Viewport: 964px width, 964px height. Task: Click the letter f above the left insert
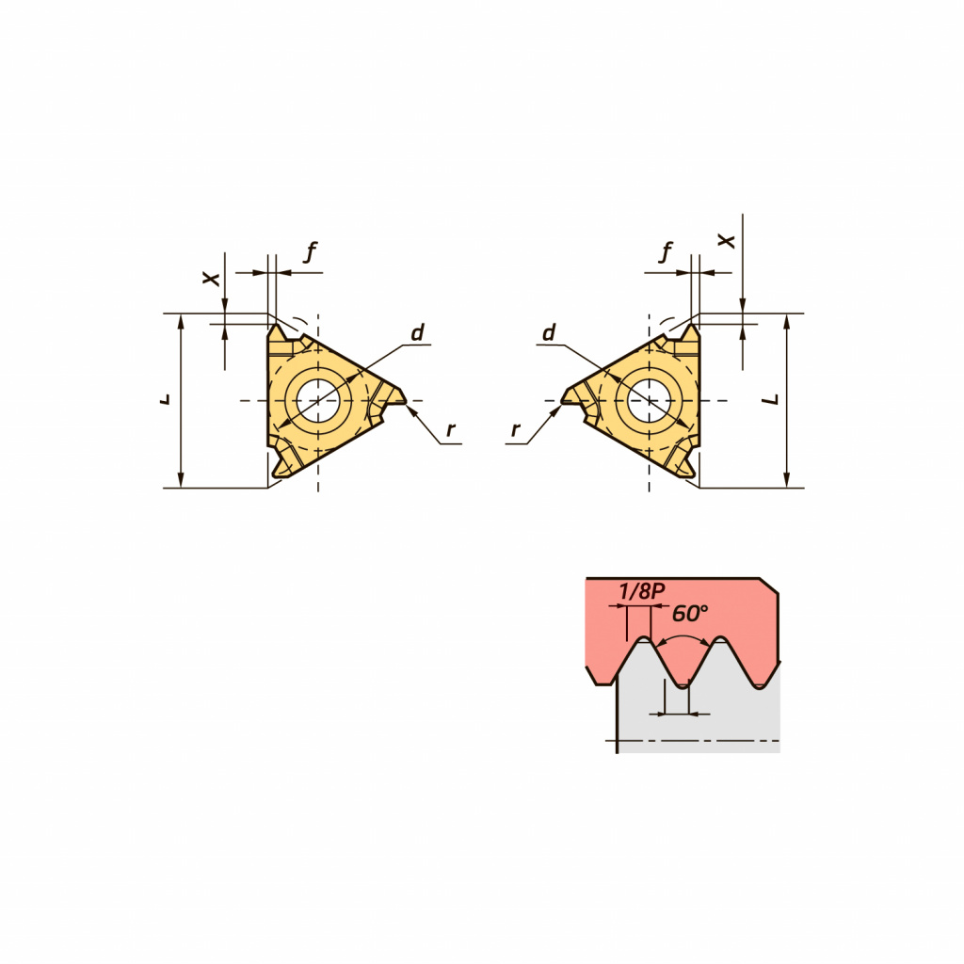point(311,251)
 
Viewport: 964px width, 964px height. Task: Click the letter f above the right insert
point(666,251)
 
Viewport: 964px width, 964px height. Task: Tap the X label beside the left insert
point(212,279)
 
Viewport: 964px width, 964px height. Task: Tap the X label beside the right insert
point(727,241)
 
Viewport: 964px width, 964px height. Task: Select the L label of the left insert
point(165,399)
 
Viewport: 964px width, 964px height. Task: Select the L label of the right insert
point(771,399)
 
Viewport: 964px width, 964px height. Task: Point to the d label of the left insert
point(417,332)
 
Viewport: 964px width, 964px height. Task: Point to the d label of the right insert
point(549,332)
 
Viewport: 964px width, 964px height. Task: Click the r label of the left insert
point(451,429)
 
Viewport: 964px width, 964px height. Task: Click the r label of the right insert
point(515,429)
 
